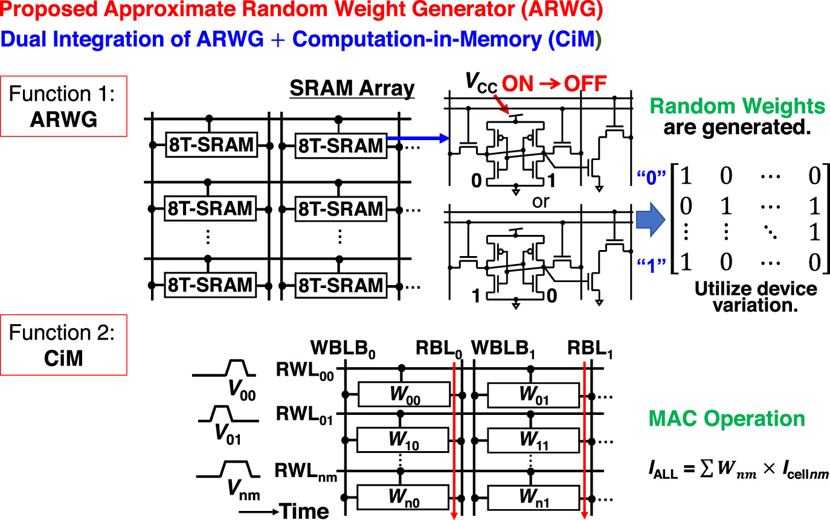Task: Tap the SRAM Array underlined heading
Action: [x=352, y=89]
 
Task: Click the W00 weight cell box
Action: [x=404, y=394]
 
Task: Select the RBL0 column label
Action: [x=439, y=350]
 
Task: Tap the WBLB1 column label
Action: [x=507, y=350]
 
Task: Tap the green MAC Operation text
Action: [x=726, y=419]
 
